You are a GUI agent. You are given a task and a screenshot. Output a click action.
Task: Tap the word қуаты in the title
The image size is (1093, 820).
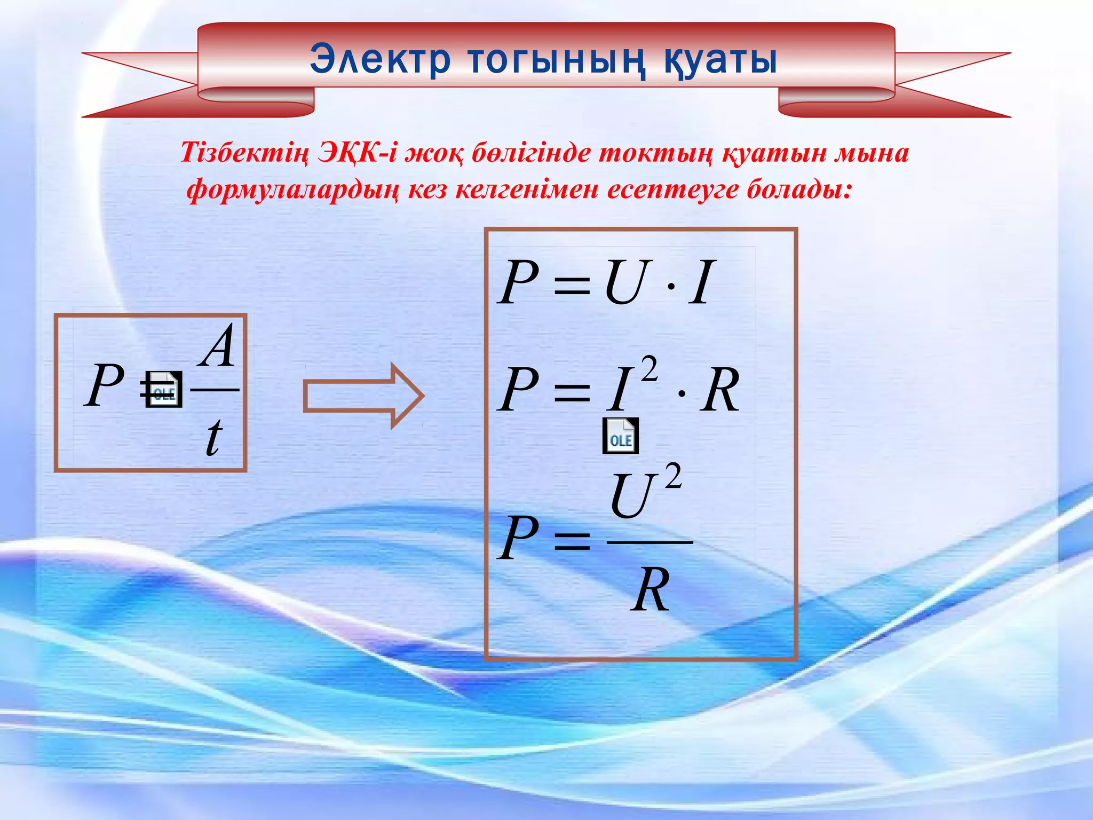pyautogui.click(x=720, y=60)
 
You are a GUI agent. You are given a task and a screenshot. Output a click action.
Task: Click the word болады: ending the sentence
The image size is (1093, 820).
pyautogui.click(x=798, y=190)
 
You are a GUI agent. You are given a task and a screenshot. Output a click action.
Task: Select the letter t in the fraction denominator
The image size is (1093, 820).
pyautogui.click(x=213, y=438)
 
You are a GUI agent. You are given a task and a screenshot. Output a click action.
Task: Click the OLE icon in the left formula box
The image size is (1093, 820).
pyautogui.click(x=163, y=390)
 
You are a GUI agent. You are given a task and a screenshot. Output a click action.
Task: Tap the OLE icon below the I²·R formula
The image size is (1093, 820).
pyautogui.click(x=620, y=436)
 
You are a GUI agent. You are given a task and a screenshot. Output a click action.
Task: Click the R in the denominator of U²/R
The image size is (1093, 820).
pyautogui.click(x=650, y=590)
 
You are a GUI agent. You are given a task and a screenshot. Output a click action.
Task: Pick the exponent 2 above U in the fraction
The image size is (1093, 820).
pyautogui.click(x=674, y=476)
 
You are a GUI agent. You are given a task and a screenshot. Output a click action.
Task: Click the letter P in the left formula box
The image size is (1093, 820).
pyautogui.click(x=105, y=385)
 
